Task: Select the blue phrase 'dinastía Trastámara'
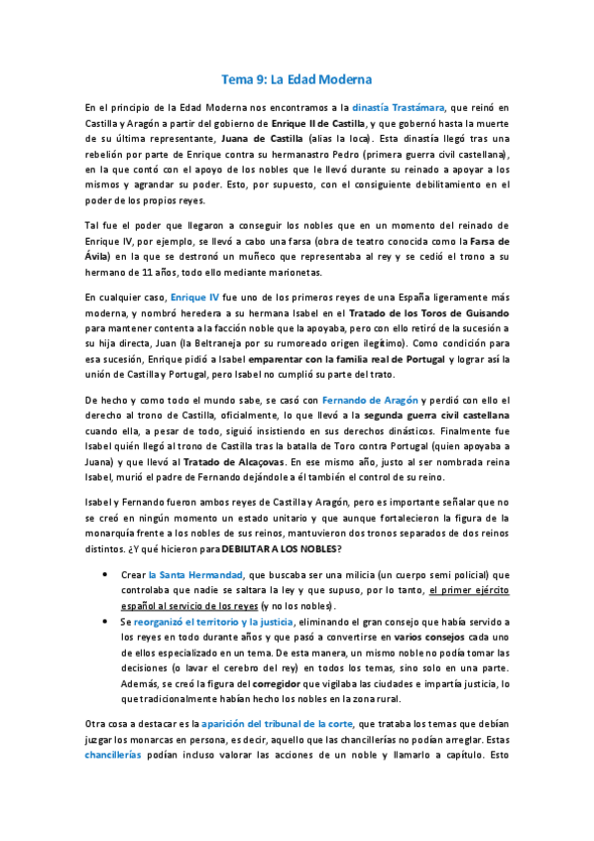pyautogui.click(x=396, y=106)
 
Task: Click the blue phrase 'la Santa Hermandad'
pyautogui.click(x=194, y=574)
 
